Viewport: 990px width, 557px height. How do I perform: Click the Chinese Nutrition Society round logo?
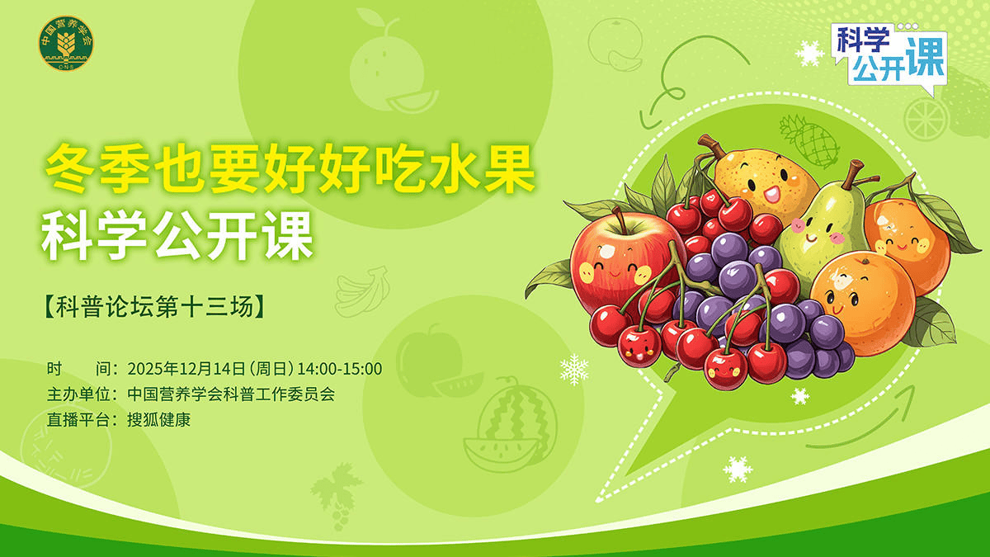[67, 44]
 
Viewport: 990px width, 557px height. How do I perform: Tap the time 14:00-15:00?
[340, 368]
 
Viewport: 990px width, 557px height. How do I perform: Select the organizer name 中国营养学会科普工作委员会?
[231, 394]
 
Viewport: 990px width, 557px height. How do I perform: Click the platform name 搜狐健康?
[159, 420]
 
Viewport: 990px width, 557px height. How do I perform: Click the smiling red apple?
[615, 264]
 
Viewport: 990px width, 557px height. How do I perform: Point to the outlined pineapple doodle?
[808, 140]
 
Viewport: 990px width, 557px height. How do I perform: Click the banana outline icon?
[361, 288]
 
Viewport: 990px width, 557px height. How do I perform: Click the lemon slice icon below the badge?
[923, 118]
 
